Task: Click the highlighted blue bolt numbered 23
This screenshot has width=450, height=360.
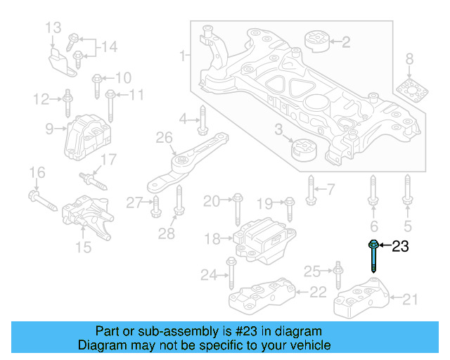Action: (373, 257)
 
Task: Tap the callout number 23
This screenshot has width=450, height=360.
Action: (399, 246)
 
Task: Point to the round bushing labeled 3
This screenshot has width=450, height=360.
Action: (304, 149)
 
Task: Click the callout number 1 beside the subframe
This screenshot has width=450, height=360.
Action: (183, 55)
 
